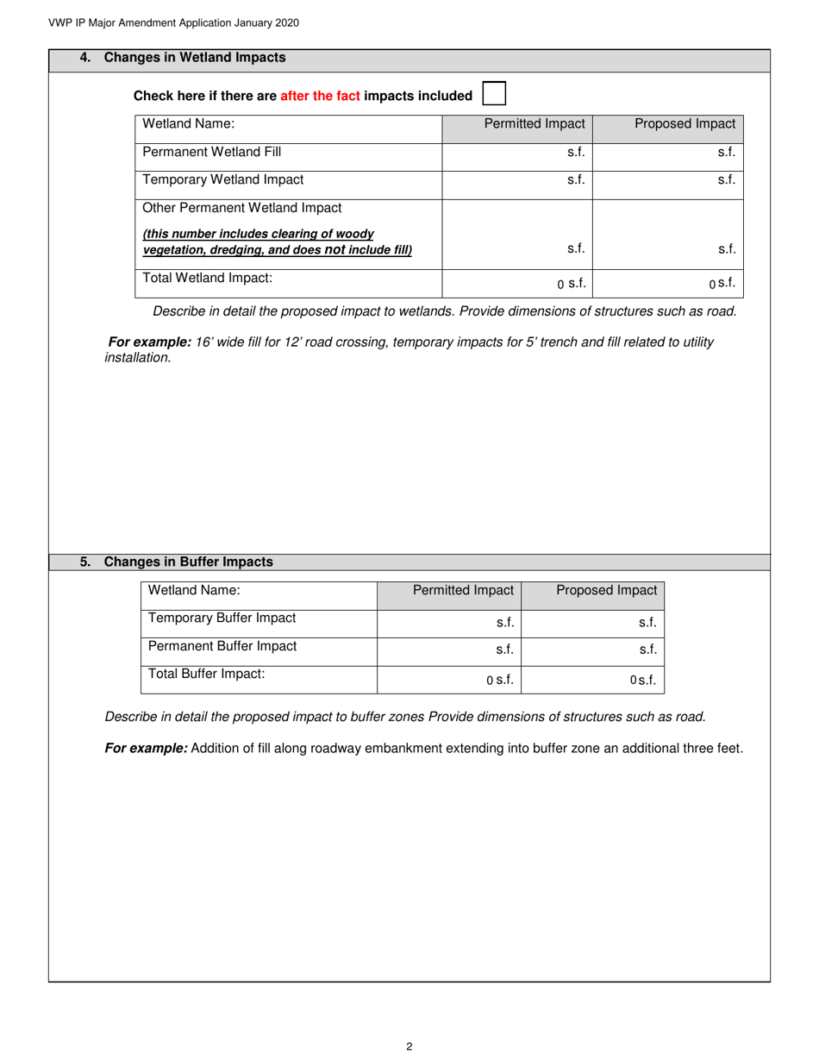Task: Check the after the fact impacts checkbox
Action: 494,94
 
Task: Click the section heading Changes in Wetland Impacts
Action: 194,58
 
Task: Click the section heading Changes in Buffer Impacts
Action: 188,562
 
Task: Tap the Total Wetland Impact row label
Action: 207,278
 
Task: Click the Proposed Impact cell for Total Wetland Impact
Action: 668,283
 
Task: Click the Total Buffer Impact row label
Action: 206,674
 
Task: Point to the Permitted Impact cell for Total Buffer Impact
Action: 449,679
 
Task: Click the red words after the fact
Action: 320,96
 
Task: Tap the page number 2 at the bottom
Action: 409,1047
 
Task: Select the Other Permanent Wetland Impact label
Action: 241,208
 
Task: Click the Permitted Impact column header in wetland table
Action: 534,123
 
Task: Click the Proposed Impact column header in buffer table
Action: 606,590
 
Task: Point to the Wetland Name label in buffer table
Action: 194,590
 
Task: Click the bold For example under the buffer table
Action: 146,748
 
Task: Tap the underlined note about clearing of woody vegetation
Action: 277,242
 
